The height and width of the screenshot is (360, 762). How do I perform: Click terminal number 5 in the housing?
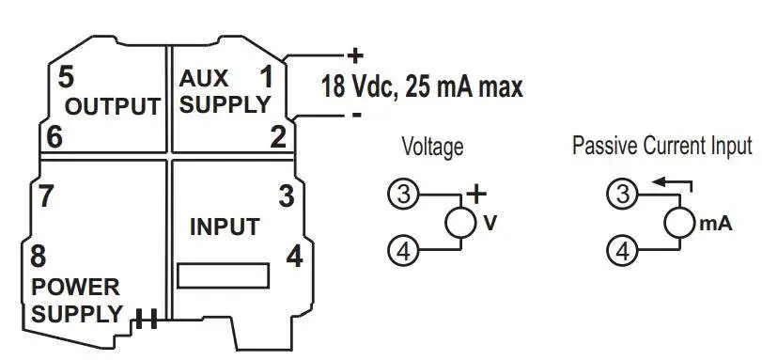(x=66, y=75)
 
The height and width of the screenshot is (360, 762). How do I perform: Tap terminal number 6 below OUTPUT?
(x=54, y=136)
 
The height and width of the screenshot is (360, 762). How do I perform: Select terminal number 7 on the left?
(x=45, y=196)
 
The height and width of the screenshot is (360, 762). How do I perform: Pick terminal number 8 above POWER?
(x=39, y=256)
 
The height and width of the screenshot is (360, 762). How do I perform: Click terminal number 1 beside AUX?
(x=267, y=75)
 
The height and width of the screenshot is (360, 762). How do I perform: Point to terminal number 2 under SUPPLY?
(x=277, y=136)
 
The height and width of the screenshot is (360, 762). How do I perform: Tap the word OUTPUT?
(x=112, y=105)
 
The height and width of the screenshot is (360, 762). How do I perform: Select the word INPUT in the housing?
(x=225, y=227)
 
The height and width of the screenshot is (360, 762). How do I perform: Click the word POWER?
(x=75, y=286)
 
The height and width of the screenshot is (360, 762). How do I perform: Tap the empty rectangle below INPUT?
(x=224, y=275)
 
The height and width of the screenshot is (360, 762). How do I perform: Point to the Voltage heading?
(x=432, y=147)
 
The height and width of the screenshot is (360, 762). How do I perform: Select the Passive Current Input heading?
(x=662, y=146)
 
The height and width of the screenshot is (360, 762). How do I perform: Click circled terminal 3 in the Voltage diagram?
(x=402, y=195)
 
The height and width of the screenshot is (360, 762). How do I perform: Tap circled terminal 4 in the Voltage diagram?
(x=402, y=251)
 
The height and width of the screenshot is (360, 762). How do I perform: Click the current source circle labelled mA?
(x=678, y=224)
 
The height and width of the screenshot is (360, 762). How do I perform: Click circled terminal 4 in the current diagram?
(x=621, y=251)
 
